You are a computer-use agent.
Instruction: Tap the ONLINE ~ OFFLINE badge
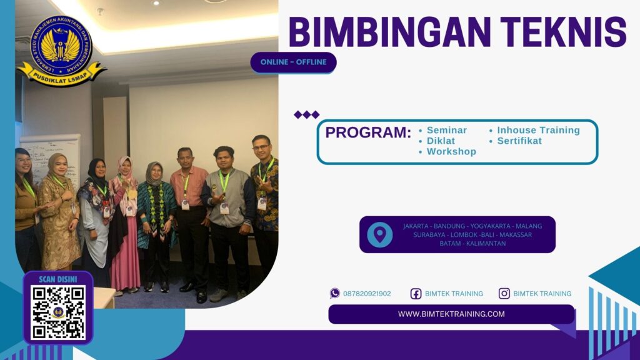point(293,62)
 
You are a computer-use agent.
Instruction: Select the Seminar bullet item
point(446,131)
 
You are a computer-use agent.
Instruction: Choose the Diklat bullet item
point(441,141)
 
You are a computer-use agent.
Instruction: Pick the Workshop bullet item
point(451,152)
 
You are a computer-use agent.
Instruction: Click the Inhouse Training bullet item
point(537,131)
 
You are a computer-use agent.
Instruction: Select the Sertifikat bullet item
point(519,141)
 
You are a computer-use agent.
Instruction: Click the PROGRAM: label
point(368,133)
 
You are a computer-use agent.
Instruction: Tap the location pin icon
point(379,234)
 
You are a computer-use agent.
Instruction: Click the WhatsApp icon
point(335,293)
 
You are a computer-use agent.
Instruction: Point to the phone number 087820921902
point(367,294)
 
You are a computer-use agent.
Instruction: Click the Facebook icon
point(416,294)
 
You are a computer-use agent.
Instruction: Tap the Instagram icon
point(504,293)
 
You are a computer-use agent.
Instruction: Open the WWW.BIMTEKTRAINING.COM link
point(451,314)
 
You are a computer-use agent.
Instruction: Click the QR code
point(58,312)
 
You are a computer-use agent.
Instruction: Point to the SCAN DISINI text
point(58,279)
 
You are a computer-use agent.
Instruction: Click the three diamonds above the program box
point(306,114)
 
